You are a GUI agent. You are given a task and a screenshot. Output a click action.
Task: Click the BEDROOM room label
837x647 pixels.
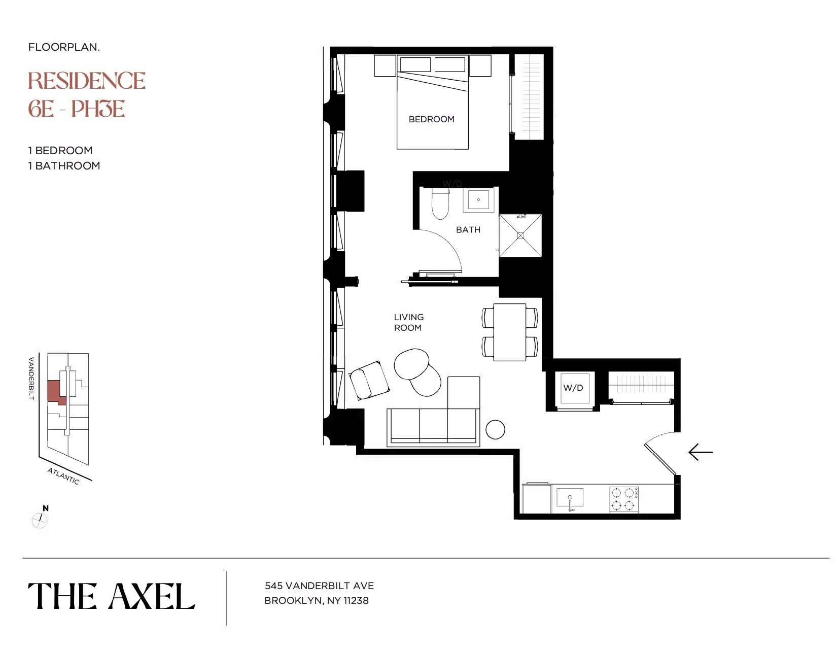(x=431, y=119)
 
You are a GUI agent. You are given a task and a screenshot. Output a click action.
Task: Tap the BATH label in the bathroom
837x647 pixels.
(x=468, y=230)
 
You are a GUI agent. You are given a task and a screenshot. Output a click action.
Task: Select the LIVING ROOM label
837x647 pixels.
(x=408, y=322)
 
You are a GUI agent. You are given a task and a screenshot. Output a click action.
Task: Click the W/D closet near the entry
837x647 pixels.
(x=573, y=388)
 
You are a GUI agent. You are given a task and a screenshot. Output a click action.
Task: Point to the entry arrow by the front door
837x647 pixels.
(x=701, y=452)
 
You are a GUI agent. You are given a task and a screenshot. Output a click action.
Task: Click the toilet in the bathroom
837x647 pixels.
(x=440, y=205)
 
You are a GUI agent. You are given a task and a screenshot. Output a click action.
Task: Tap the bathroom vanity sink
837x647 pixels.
(x=478, y=199)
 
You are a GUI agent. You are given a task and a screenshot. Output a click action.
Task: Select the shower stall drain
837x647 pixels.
(x=520, y=235)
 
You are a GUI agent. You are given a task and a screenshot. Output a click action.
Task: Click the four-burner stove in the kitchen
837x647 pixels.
(x=624, y=499)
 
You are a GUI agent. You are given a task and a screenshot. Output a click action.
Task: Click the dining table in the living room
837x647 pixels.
(x=510, y=332)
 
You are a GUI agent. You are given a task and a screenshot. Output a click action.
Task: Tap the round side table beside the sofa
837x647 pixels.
(x=495, y=429)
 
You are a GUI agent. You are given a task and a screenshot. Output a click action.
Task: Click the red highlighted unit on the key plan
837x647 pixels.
(x=54, y=391)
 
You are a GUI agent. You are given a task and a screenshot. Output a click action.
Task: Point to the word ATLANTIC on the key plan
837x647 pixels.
(x=63, y=476)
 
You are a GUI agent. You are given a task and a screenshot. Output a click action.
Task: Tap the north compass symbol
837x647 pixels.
(x=40, y=519)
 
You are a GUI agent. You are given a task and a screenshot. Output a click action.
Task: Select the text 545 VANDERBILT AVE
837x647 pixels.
(x=319, y=586)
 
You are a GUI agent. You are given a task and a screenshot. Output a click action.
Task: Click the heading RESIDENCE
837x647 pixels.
(x=87, y=81)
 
